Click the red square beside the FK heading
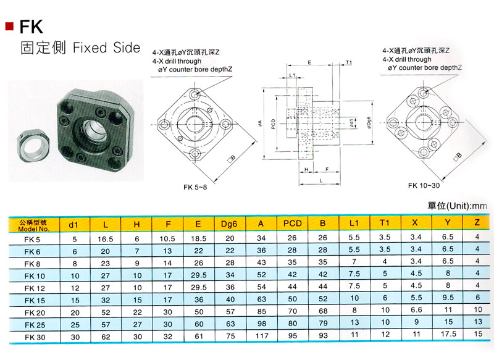tap(9, 27)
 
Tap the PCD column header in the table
tap(292, 224)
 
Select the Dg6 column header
tap(229, 224)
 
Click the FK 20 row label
tap(35, 312)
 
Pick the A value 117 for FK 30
tap(262, 336)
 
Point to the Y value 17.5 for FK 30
tap(448, 334)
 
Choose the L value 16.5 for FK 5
tap(105, 239)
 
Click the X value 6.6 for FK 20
tap(416, 310)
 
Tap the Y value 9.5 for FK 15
tap(448, 297)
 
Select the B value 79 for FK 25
tap(323, 323)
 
